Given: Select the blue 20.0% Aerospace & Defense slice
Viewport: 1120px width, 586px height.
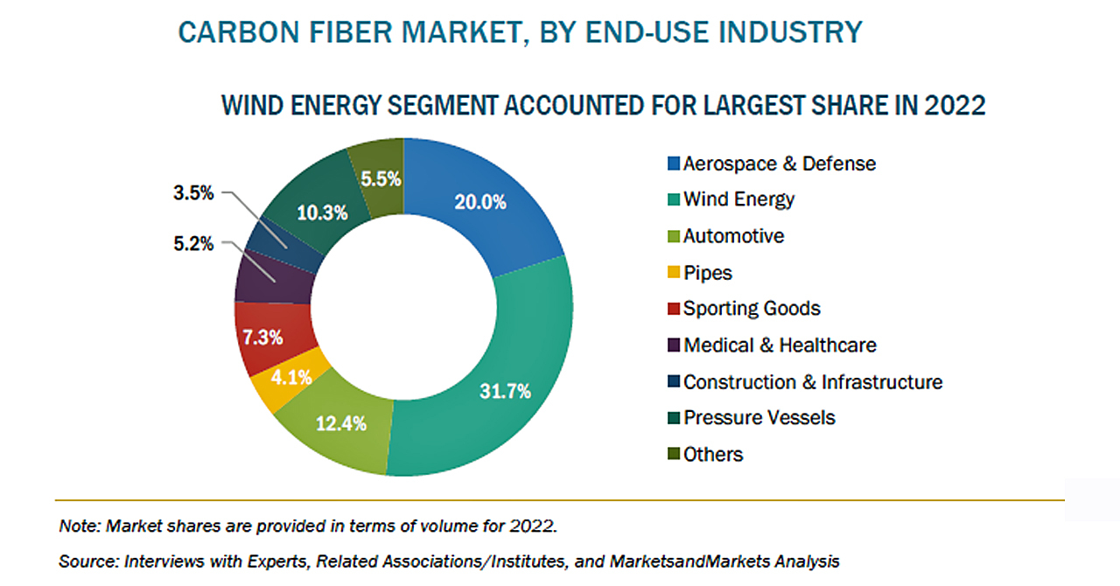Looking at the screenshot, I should (x=479, y=203).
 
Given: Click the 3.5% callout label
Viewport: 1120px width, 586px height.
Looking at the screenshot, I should (x=192, y=193).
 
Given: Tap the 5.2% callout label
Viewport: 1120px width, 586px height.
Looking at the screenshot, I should (x=192, y=244).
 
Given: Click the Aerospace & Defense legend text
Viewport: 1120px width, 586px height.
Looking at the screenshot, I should (x=779, y=164).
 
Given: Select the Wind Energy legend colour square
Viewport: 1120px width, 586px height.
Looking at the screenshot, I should (x=673, y=200).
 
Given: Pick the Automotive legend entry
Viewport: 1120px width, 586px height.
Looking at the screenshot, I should (x=733, y=236).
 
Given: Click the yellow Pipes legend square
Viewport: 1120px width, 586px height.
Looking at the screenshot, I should (x=673, y=273).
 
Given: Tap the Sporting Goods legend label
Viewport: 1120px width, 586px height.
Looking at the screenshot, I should (x=752, y=309).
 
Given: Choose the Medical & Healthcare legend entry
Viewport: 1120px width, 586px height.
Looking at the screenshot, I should (x=780, y=345).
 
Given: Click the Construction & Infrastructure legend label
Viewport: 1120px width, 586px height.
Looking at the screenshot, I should (x=813, y=382).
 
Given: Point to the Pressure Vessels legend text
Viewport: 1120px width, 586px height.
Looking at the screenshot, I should (x=759, y=418).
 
